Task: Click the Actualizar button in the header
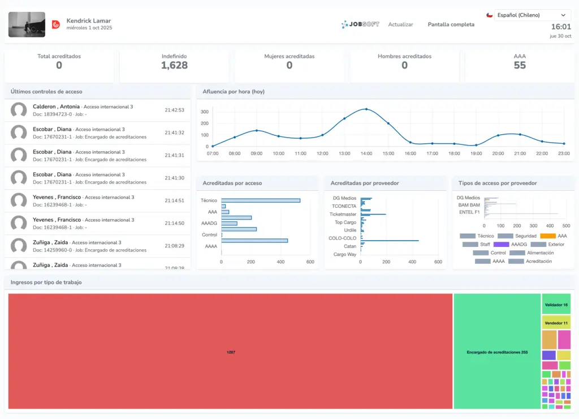400,24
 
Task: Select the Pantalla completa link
451,24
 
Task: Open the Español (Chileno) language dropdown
532,15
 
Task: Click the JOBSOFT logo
360,24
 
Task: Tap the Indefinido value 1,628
174,66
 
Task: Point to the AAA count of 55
520,66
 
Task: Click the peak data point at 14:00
366,109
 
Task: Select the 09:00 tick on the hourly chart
256,153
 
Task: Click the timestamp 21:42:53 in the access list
174,110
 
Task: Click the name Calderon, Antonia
56,106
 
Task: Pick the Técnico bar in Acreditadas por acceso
261,200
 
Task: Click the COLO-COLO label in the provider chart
343,238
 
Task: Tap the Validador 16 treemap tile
556,305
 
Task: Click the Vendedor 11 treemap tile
556,323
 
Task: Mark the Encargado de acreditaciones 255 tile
497,352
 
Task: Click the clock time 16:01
560,27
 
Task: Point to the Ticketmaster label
343,214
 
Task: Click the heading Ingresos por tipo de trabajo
46,282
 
